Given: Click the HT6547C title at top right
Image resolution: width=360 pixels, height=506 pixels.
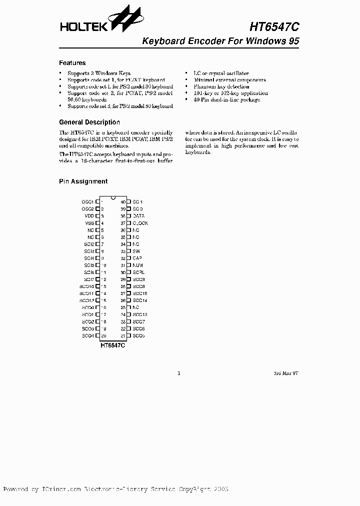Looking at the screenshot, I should point(274,27).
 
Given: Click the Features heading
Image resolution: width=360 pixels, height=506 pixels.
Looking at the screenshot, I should point(72,63).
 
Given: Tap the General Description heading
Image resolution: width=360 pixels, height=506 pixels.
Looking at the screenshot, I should point(89,122).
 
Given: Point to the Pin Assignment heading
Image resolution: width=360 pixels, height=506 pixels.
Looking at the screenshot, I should point(83,181).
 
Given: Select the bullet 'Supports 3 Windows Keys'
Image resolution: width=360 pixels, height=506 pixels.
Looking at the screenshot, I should point(99,73).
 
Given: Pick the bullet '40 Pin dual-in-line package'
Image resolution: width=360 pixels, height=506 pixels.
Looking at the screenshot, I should point(227,99).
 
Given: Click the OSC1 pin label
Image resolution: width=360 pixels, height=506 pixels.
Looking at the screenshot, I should point(87,201).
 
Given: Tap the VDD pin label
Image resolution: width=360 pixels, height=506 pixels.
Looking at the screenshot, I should point(89,215).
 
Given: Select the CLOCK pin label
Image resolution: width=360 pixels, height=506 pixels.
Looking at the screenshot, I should point(140,223).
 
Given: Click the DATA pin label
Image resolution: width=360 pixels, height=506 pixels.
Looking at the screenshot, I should point(138,215).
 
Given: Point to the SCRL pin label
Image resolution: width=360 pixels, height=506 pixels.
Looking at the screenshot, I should point(138,272).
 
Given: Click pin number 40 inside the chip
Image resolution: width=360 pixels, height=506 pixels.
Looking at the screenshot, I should point(123,201).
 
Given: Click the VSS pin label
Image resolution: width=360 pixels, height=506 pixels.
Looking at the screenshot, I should point(89,223).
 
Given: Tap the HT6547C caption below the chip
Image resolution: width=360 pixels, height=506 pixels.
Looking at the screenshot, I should point(112,345).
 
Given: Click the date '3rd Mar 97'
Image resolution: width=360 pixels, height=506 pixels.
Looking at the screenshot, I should point(285,373).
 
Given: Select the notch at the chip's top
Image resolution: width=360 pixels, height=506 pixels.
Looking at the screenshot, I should point(113,196).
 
